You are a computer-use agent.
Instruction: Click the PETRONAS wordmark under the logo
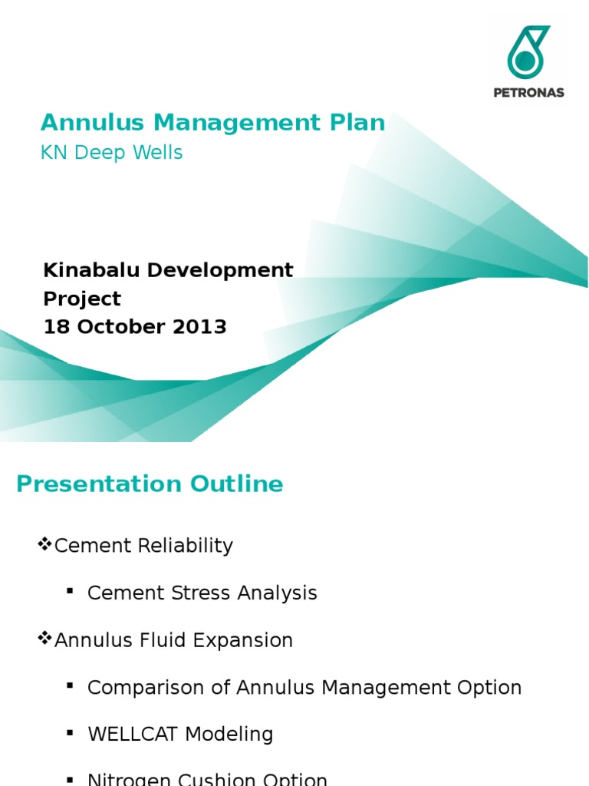528,92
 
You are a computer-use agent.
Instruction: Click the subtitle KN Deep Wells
111,153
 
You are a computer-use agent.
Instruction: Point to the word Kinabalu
91,270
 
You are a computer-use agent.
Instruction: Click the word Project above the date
82,299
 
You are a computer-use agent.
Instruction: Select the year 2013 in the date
199,327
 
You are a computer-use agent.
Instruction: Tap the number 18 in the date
56,327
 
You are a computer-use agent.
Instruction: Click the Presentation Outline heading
150,484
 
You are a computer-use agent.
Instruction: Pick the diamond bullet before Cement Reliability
44,545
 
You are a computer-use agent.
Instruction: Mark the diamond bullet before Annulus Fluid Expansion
44,639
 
